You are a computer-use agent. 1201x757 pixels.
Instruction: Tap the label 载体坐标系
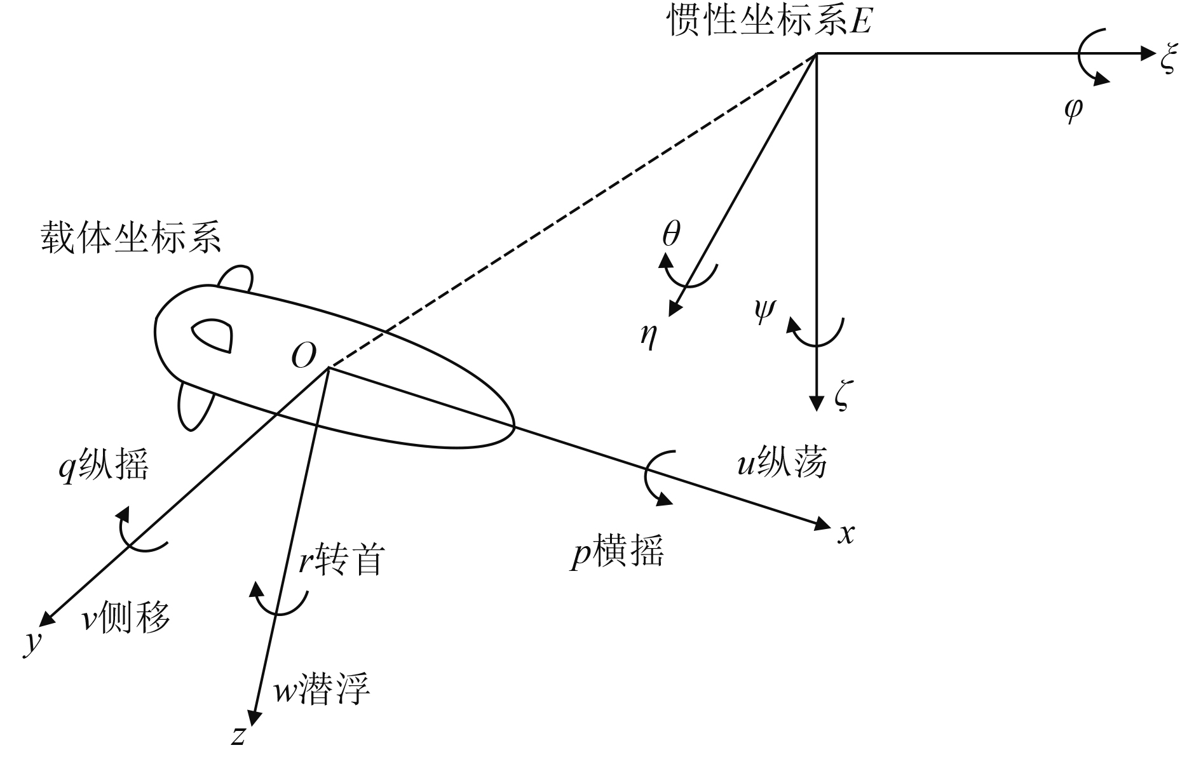[131, 238]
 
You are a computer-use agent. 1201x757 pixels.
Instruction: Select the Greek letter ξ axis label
[1169, 60]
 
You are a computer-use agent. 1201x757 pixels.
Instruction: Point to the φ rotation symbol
[1073, 109]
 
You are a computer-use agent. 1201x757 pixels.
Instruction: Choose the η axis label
[649, 335]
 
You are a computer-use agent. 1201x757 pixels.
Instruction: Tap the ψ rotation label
[764, 311]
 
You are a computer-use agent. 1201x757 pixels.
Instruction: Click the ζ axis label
[841, 398]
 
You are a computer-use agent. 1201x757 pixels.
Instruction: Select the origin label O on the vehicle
[303, 357]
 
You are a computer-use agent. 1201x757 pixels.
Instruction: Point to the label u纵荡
[782, 462]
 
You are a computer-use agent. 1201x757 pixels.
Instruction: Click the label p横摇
[617, 551]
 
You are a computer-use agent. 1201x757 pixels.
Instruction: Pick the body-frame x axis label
[846, 535]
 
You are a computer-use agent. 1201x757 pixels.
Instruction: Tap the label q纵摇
[104, 466]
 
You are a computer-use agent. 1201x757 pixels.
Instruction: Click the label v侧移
[126, 617]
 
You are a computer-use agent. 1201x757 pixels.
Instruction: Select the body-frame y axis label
[32, 643]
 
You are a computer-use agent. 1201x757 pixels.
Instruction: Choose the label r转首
[342, 559]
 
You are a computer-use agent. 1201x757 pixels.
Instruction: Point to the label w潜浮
[322, 689]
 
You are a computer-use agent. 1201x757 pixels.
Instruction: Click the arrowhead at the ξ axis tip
[1147, 53]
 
